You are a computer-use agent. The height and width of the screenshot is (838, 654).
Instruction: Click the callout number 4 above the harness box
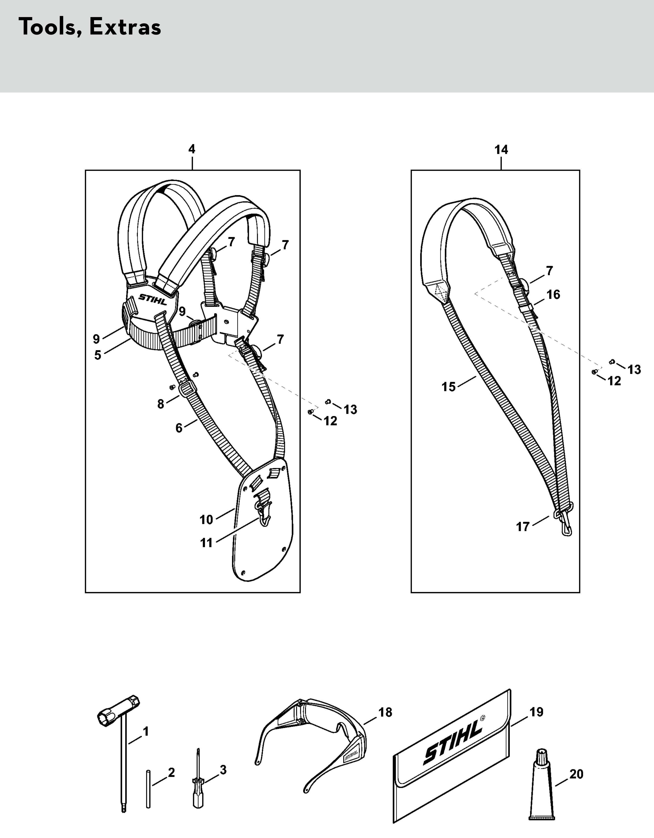tap(192, 149)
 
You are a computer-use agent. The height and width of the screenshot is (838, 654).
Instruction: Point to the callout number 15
tap(448, 387)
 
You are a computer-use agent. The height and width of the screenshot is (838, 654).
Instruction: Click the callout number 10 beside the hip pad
tap(206, 520)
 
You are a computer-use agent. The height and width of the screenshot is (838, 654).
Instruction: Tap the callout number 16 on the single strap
tap(553, 295)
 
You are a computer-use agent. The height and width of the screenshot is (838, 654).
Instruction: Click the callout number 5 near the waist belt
tap(98, 355)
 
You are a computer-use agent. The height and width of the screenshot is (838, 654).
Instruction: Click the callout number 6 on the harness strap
tap(179, 428)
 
